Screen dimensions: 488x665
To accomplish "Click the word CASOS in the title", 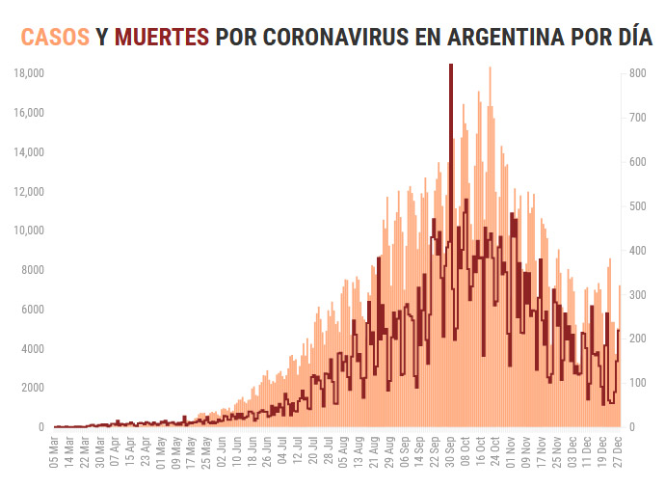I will click(x=56, y=38).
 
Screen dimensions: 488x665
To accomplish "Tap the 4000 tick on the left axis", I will click(x=33, y=348).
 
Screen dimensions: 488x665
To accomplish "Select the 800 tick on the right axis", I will click(x=637, y=73).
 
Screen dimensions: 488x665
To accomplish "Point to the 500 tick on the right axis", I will click(x=637, y=205).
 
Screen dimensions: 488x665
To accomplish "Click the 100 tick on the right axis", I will click(x=637, y=383).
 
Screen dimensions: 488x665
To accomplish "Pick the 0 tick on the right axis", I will click(x=632, y=427).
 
